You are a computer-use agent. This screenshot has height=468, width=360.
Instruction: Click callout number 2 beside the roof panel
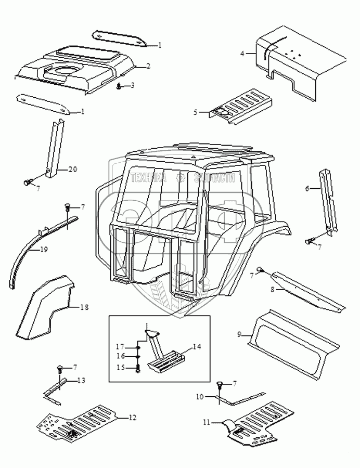(x=148, y=66)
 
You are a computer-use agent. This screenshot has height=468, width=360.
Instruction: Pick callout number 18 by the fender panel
(x=84, y=307)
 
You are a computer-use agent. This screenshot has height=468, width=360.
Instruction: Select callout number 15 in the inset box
(x=120, y=367)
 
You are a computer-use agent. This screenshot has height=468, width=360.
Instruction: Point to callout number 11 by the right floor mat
(x=207, y=423)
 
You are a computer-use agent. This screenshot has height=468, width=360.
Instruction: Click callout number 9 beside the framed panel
(x=240, y=335)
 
